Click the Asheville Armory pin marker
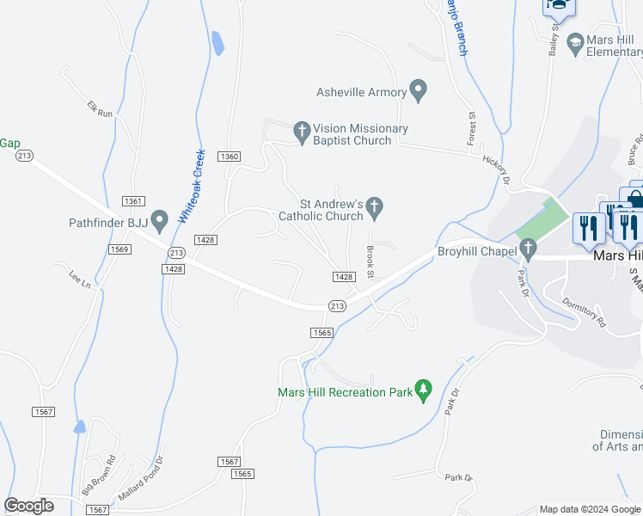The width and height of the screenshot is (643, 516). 419,90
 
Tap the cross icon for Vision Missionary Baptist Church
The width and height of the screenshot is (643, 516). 302,132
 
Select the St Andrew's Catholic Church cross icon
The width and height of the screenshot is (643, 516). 374,207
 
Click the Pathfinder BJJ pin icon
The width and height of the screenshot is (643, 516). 159,221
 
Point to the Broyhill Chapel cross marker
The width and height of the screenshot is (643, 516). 529,250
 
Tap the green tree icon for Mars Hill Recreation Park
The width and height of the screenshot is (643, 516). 423,390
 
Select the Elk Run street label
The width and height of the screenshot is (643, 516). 100,108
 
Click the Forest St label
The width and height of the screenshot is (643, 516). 471,127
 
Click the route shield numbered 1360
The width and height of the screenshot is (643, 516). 229,156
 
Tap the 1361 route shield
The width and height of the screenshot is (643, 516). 132,200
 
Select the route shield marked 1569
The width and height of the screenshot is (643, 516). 119,249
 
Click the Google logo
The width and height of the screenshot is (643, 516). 29,506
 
